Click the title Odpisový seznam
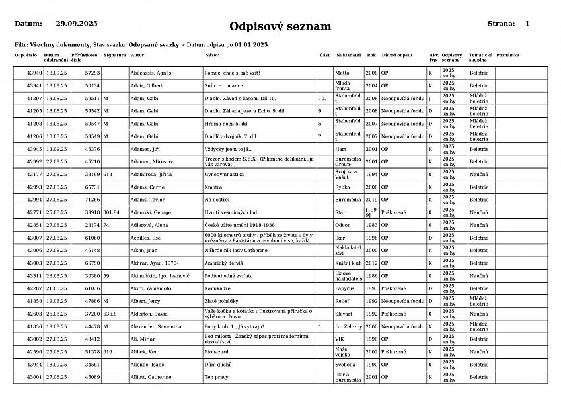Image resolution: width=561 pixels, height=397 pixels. (280, 27)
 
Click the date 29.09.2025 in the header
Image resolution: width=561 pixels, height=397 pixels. (77, 24)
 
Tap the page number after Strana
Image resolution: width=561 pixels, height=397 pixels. (527, 24)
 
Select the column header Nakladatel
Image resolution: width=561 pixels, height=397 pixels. (348, 55)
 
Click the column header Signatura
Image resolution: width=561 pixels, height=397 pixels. (114, 55)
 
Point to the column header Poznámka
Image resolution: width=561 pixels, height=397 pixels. (507, 55)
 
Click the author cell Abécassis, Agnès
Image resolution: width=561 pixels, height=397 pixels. (151, 73)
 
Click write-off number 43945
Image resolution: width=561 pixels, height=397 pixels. (34, 149)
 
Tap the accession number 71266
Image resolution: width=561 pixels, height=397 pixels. (93, 199)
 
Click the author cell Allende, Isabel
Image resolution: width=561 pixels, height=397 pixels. (148, 365)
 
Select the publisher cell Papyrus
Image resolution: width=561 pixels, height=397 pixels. (345, 288)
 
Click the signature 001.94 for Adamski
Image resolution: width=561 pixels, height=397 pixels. (112, 212)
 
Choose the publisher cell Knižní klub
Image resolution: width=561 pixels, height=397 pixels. (347, 263)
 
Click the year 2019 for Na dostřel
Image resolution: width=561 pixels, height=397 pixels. (372, 199)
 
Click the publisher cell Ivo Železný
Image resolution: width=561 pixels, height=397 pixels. (348, 326)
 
